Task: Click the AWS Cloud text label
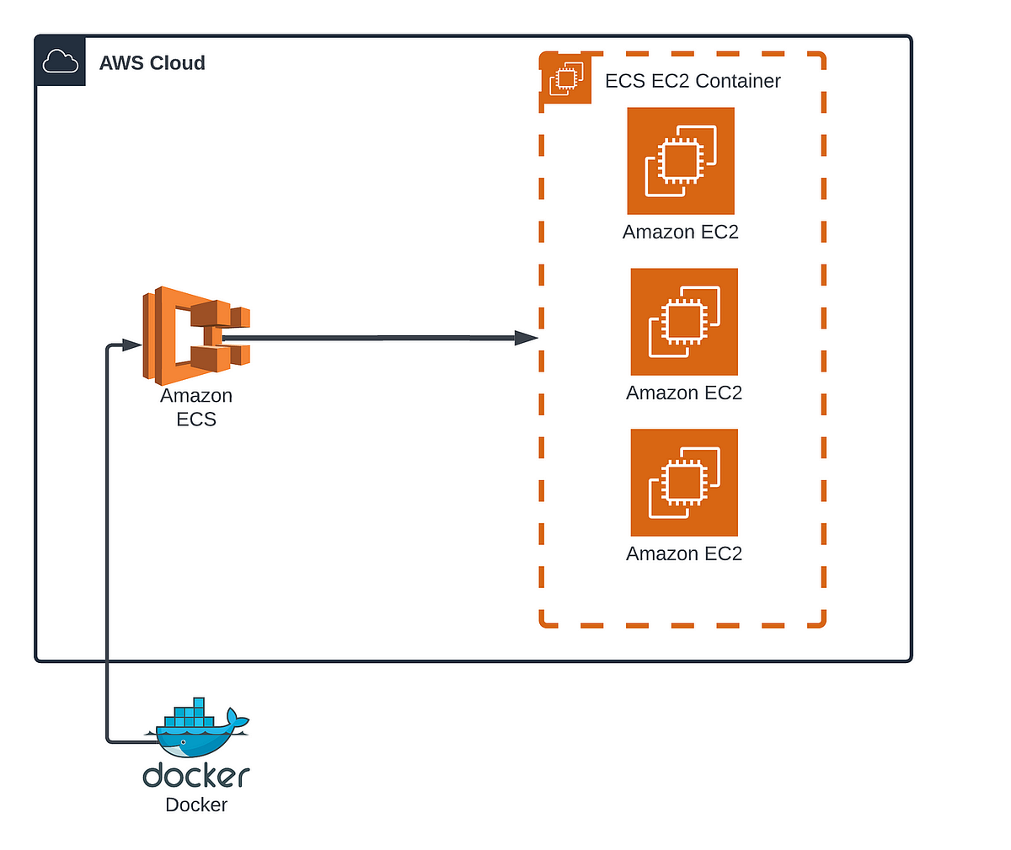tap(152, 63)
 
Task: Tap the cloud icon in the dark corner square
tap(60, 61)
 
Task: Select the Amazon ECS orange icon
tap(196, 336)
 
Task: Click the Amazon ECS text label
tap(196, 407)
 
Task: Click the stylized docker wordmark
tap(196, 775)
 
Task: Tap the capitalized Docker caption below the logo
tap(196, 805)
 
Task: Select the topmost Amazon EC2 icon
tap(681, 161)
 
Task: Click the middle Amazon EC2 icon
tap(684, 322)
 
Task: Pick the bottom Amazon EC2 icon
tap(684, 483)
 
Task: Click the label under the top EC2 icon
tap(681, 232)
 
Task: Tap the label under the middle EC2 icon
tap(684, 393)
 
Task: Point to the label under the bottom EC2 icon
tap(684, 553)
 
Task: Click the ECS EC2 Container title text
tap(693, 81)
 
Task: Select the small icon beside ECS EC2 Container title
tap(566, 78)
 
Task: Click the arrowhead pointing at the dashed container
tap(527, 338)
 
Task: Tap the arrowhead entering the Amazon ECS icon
tap(131, 345)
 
